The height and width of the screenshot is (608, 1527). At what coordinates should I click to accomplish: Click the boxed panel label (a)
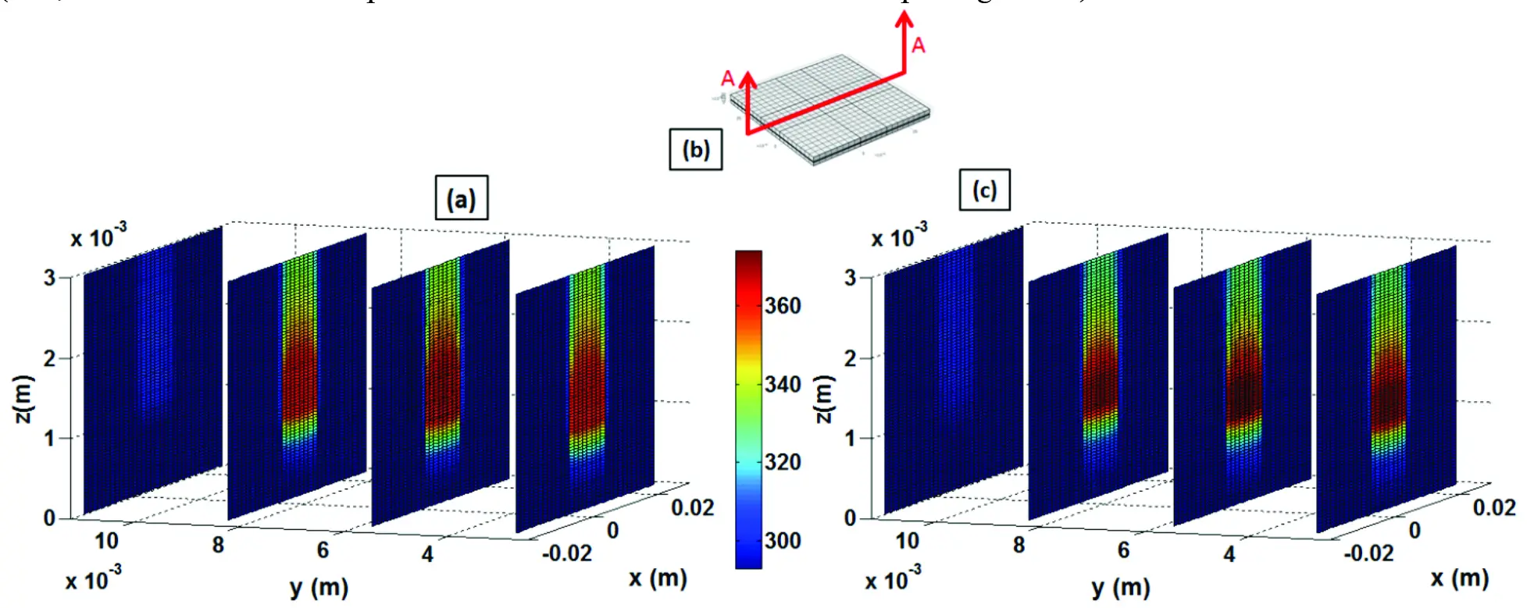click(x=461, y=198)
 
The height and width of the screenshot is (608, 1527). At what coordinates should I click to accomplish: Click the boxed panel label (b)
click(x=695, y=149)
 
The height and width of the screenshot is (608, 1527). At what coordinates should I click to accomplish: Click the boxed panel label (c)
click(x=984, y=190)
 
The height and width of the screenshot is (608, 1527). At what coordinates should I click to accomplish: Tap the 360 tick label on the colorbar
click(x=783, y=305)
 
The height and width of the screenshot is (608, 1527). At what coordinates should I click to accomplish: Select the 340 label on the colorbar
click(x=783, y=384)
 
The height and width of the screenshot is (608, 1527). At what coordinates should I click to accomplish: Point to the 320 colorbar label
click(x=783, y=462)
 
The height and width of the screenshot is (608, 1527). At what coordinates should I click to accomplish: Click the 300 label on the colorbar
click(x=783, y=540)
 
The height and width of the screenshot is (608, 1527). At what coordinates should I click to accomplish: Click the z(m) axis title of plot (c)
click(x=825, y=399)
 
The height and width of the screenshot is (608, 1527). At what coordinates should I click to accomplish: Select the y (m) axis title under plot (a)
click(x=319, y=587)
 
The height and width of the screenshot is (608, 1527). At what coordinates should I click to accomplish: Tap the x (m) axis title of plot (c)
click(x=1459, y=578)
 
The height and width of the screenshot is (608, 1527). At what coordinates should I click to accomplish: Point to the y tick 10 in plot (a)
click(x=106, y=540)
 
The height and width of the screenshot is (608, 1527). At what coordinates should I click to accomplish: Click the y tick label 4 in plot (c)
click(x=1229, y=554)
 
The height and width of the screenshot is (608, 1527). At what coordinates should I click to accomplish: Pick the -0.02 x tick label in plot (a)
click(x=567, y=553)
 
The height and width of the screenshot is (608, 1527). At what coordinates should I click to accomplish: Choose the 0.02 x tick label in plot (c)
click(x=1494, y=508)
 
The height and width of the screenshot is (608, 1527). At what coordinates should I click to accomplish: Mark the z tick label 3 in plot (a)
click(x=49, y=278)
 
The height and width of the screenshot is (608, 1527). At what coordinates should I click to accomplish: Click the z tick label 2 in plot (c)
click(x=850, y=358)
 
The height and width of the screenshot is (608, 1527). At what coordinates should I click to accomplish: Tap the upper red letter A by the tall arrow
click(x=919, y=45)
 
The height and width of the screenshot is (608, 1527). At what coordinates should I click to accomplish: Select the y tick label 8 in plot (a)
click(x=218, y=545)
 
